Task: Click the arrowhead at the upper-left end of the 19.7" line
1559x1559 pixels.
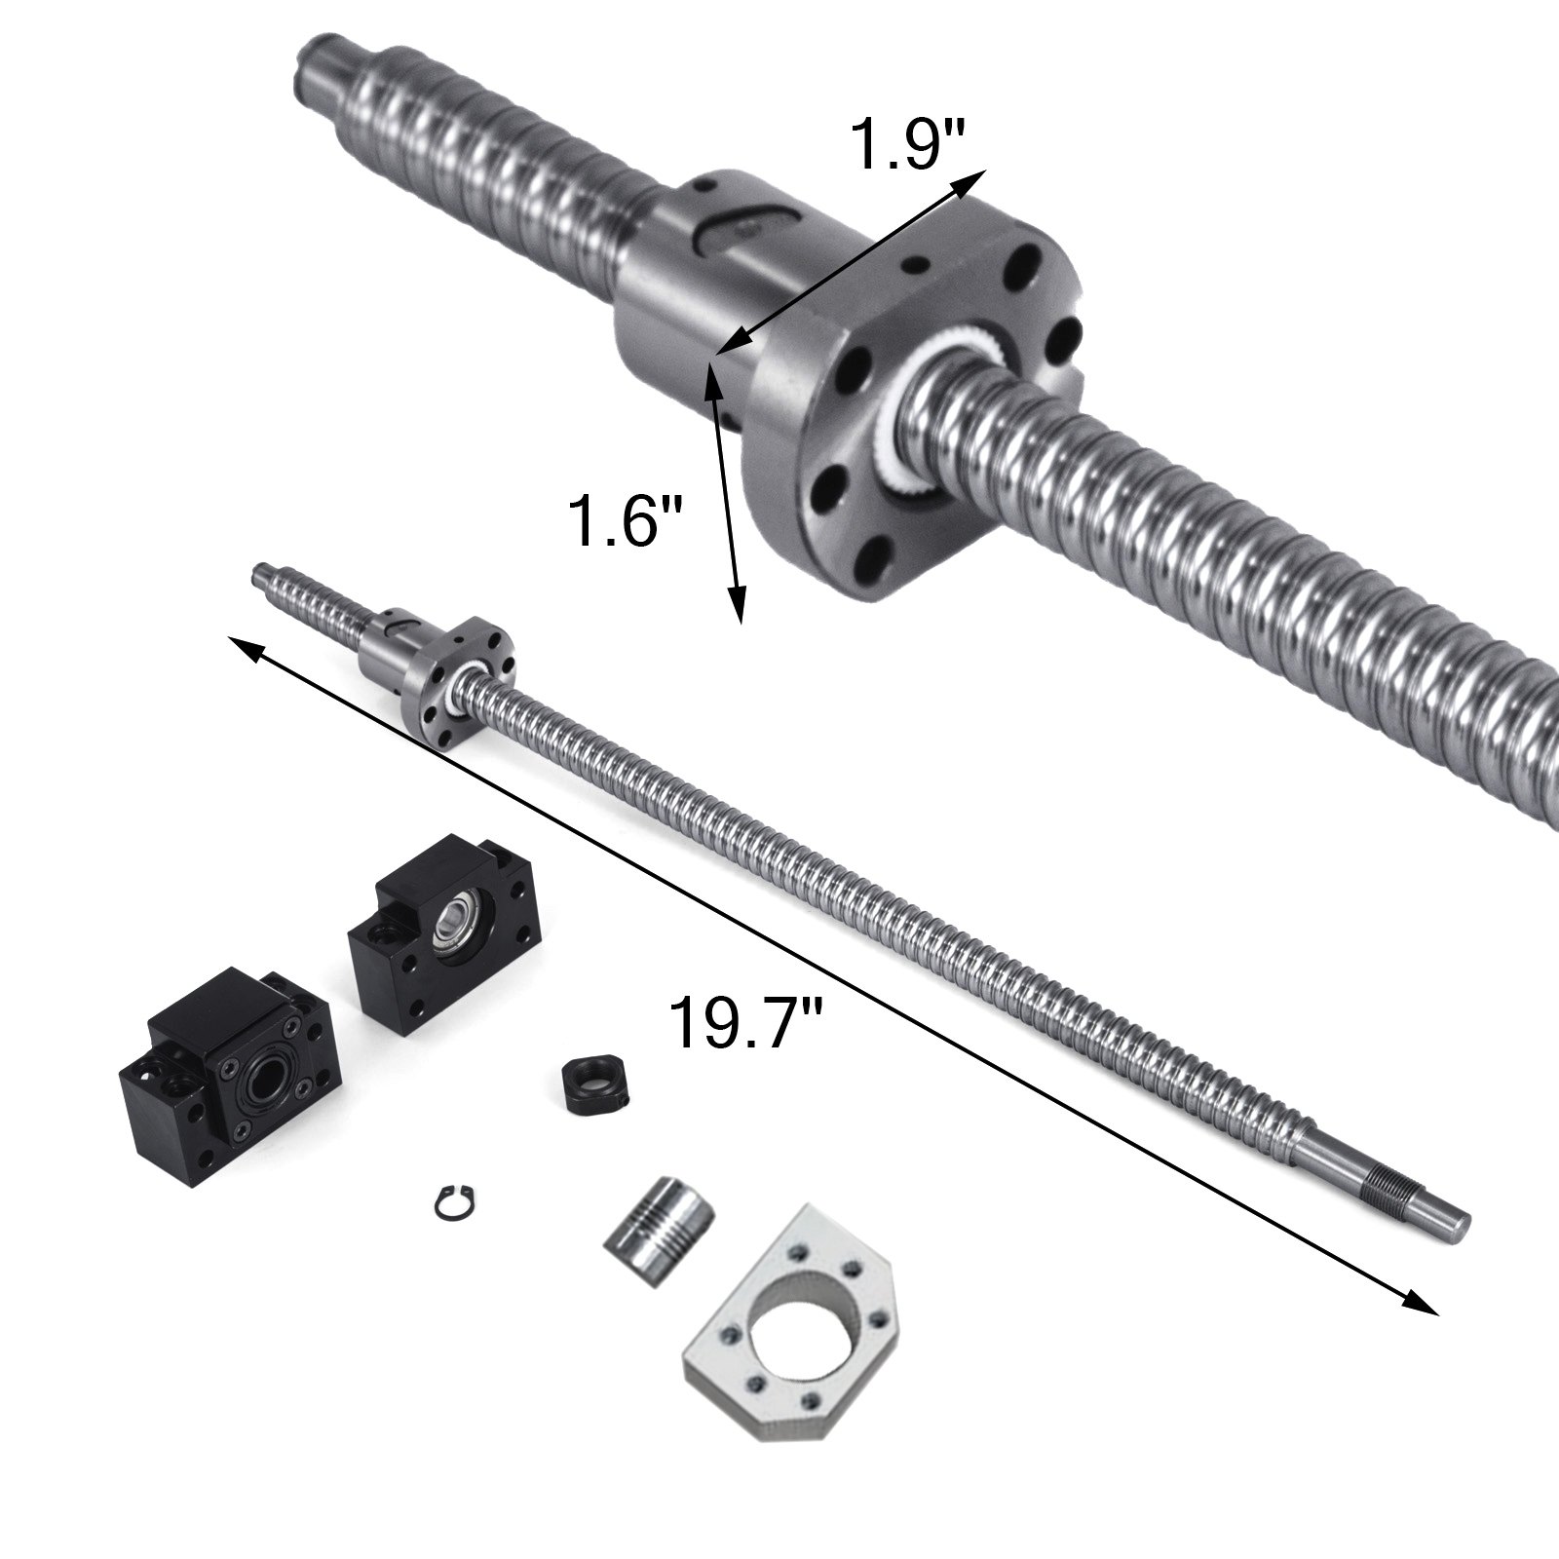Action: (x=242, y=644)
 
